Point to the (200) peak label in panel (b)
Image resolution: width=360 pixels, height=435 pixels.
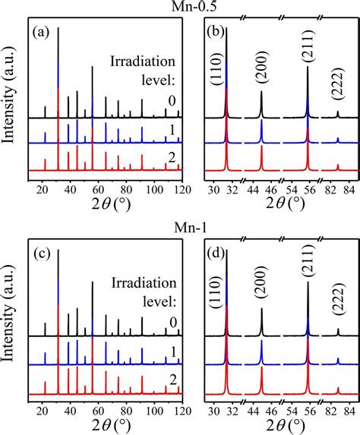click(261, 74)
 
